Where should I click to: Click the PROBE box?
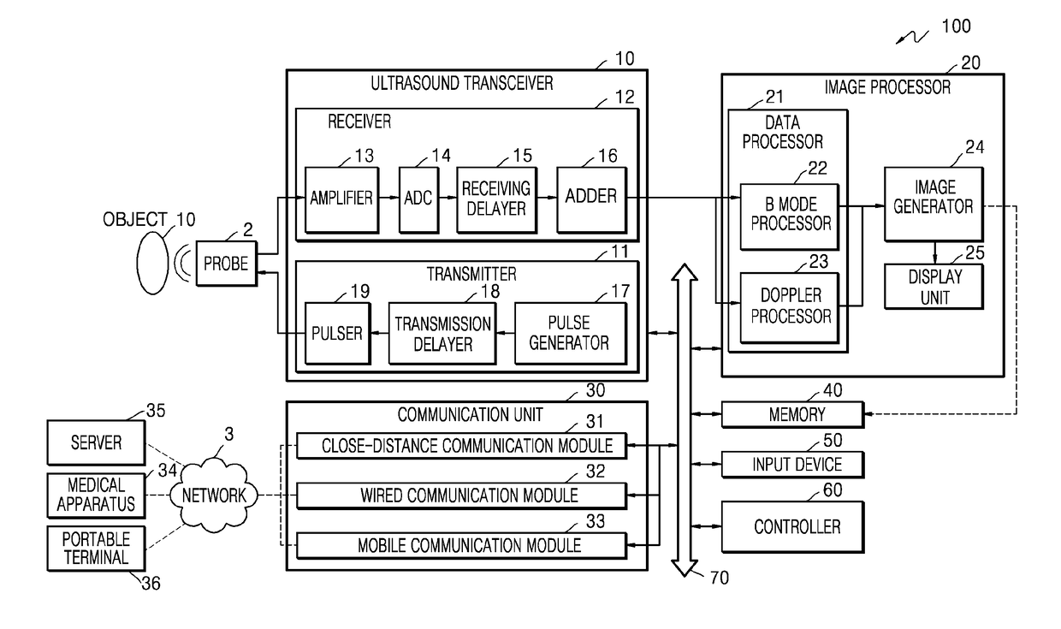pos(227,264)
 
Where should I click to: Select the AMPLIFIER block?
pos(341,199)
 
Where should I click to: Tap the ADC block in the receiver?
pos(418,199)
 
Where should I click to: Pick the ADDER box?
pos(591,199)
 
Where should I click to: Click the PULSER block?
pos(337,334)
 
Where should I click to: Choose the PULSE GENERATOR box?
pos(570,334)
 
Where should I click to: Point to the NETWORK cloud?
pos(214,495)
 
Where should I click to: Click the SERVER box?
pos(96,442)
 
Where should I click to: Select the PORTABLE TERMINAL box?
pos(96,548)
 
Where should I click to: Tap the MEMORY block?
pos(793,414)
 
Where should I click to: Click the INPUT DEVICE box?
pos(793,464)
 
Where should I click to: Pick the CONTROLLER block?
pos(793,526)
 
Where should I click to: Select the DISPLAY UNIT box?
pos(934,287)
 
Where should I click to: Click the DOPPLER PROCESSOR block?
pos(790,307)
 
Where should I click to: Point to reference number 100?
pos(956,26)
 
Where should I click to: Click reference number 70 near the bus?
pos(719,578)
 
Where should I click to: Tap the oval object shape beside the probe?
pos(152,264)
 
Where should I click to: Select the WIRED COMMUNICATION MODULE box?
pos(462,495)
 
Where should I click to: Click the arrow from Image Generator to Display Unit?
pos(934,252)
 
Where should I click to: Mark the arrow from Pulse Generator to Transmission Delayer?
pos(506,334)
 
